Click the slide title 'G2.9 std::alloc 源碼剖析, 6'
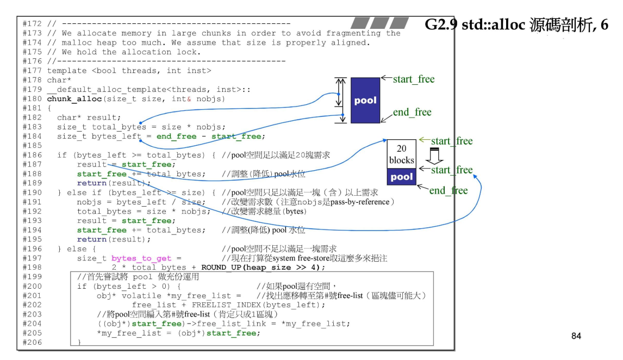tap(516, 25)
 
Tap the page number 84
tap(576, 336)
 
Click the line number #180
tap(33, 98)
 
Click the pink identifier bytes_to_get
tap(141, 258)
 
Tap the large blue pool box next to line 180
tap(365, 100)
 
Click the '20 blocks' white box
tap(401, 154)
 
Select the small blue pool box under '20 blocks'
tap(401, 177)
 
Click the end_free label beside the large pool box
tap(412, 113)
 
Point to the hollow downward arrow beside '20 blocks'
tap(434, 156)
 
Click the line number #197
tap(33, 258)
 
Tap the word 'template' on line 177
tap(67, 70)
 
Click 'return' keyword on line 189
tap(91, 183)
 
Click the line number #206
tap(33, 342)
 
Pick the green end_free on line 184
tap(176, 136)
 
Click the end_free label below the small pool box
tap(448, 190)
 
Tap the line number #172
tap(33, 24)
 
